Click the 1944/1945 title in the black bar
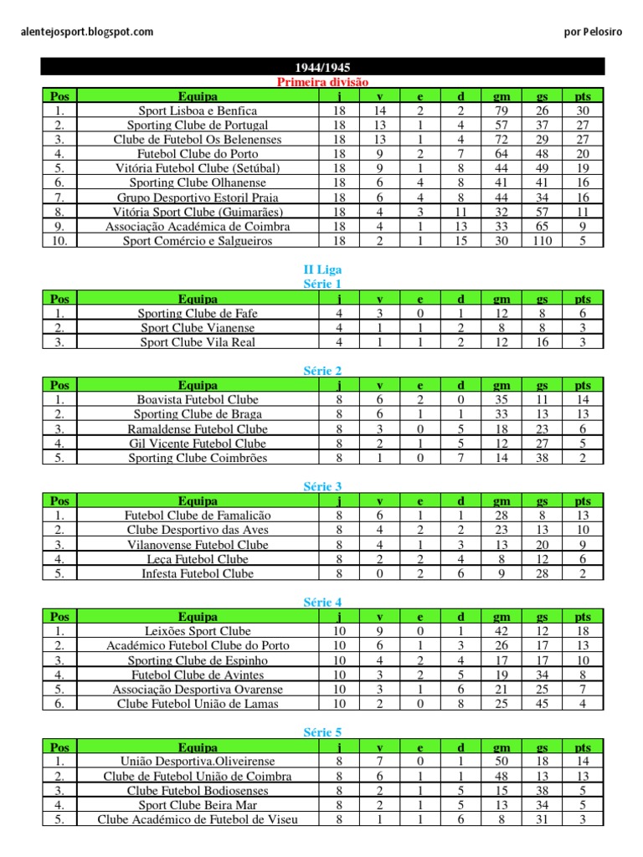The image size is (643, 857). point(322,67)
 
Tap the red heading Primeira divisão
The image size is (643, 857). point(322,81)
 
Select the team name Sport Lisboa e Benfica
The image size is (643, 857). point(198,110)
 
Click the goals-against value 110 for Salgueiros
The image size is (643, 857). point(542,241)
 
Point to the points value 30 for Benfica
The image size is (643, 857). point(583,110)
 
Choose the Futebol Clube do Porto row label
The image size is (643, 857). point(198,154)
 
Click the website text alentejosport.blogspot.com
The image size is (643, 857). point(87,32)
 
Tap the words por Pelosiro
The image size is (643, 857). point(594,32)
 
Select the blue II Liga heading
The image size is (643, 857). point(322,269)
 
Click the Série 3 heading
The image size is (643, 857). point(322,486)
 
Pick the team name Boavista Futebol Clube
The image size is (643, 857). point(198,400)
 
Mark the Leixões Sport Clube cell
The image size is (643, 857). point(198,631)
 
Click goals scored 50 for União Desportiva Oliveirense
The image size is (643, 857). point(502,762)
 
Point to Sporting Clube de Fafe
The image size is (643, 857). point(198,313)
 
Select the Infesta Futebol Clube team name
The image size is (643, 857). point(198,573)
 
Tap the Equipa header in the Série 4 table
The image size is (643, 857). point(198,617)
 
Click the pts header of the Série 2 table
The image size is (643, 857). point(583,385)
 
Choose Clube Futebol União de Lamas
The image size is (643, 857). point(198,704)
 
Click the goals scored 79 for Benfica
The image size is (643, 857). point(502,110)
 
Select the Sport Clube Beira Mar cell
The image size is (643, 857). point(198,805)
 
